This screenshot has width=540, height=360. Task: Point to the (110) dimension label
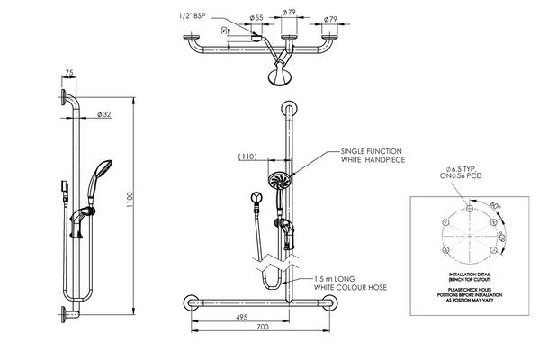[248, 157]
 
